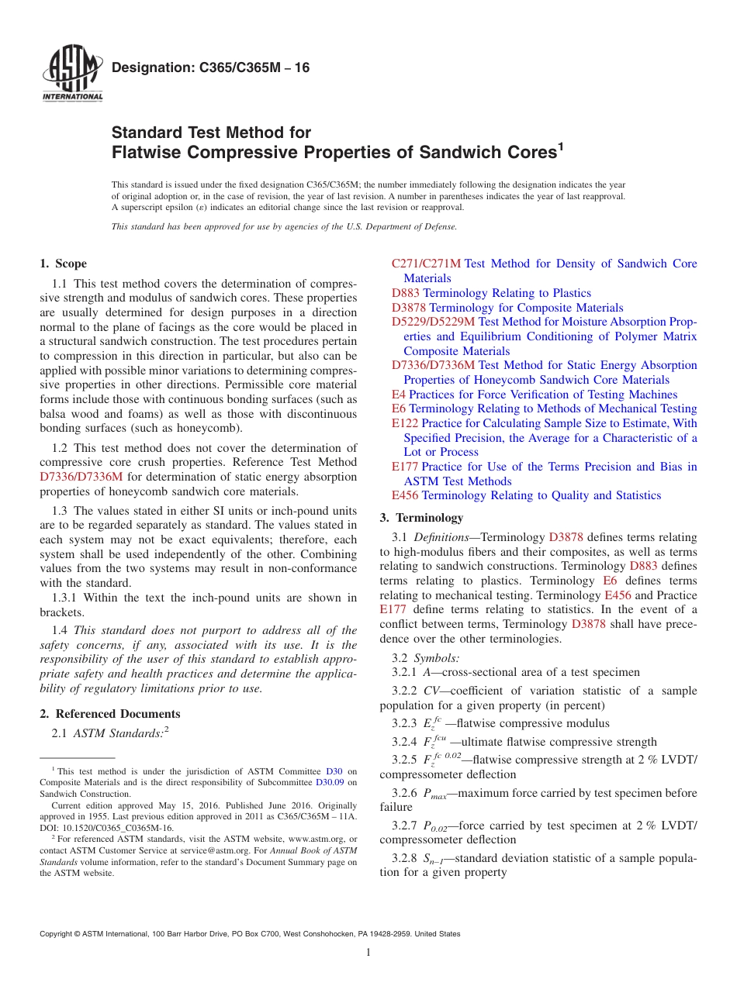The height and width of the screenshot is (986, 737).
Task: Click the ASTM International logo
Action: coord(71,74)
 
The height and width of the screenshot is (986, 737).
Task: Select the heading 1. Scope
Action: coord(64,264)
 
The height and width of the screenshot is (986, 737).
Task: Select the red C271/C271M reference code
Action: coord(426,264)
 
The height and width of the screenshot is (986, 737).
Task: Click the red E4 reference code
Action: coord(399,395)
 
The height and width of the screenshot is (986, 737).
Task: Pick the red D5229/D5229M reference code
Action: coord(433,322)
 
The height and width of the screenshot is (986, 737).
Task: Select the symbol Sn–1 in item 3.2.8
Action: coord(432,858)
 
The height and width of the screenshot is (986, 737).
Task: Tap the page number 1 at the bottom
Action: coord(368,953)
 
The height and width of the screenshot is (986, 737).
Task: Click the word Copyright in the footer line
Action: coord(57,934)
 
